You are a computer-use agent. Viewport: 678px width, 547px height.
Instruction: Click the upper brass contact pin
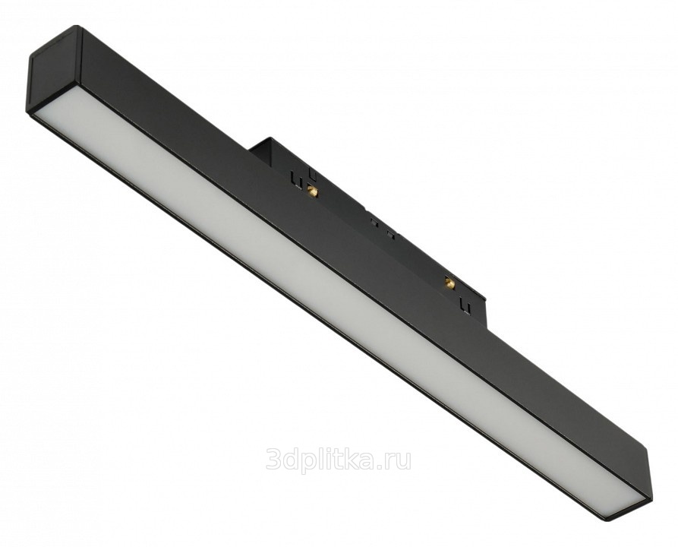tap(311, 190)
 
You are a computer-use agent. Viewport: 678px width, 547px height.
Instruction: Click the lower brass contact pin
tap(449, 283)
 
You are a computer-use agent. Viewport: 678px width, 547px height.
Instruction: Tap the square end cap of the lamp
tap(54, 70)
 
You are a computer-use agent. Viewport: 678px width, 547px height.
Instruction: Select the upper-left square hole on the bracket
tap(374, 223)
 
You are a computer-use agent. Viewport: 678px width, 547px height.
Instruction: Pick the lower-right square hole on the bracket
tap(390, 236)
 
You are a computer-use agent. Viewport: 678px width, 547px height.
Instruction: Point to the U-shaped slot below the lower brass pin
tap(465, 305)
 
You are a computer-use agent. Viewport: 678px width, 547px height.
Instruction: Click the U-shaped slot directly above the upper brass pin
tap(312, 175)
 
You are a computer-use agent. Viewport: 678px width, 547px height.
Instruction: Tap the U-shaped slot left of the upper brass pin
tap(297, 179)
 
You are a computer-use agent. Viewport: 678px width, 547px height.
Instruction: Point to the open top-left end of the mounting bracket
tap(263, 145)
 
